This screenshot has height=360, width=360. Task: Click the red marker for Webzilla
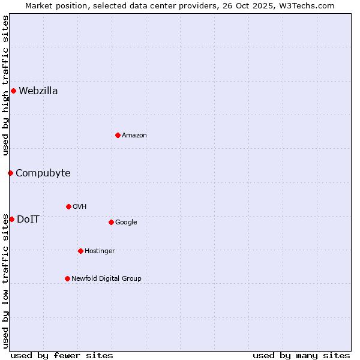coord(13,91)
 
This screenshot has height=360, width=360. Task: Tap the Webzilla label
coord(38,91)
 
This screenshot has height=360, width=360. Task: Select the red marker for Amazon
coord(118,135)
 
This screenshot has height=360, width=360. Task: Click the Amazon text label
coord(134,136)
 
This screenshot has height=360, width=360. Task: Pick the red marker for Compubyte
coord(10,173)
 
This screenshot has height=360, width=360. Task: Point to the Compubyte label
coord(43,173)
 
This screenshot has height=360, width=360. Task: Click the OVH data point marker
coord(68,206)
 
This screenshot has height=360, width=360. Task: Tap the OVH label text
coord(80,207)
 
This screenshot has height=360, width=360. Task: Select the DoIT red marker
coord(11,219)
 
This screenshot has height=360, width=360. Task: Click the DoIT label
coord(28,220)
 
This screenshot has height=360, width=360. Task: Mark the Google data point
coord(111,222)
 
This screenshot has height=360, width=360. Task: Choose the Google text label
coord(126,223)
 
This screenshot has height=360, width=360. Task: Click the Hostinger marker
coord(80,251)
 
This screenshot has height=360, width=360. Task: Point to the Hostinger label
coord(100,251)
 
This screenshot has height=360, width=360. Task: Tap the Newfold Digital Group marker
coord(67,278)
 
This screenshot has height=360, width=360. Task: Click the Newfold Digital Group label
coord(106,279)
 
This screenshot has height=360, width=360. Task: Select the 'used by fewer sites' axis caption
coord(62,355)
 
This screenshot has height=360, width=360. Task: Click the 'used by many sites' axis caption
coord(301,355)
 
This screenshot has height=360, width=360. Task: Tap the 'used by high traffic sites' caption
coord(5,85)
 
